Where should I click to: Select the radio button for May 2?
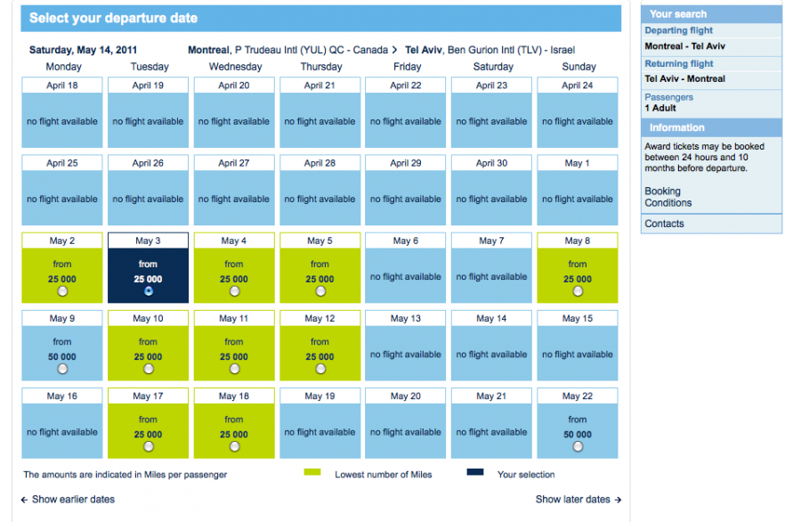click(62, 291)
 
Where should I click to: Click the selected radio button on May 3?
click(148, 291)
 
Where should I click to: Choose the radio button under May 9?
click(62, 369)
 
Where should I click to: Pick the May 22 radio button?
click(578, 446)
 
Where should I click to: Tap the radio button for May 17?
click(148, 446)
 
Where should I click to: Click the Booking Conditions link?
click(667, 197)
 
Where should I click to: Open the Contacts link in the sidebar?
click(664, 224)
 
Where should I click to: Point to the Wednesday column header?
click(235, 67)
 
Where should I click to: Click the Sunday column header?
click(578, 67)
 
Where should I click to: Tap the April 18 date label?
click(62, 86)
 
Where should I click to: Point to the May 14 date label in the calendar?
click(491, 318)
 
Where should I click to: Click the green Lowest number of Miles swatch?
click(311, 473)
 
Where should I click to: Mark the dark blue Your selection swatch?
click(474, 473)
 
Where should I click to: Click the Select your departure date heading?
click(113, 18)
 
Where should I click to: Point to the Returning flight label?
click(679, 64)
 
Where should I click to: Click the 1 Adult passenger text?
click(660, 108)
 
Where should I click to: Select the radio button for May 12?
click(320, 369)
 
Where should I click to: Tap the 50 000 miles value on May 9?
click(62, 356)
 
